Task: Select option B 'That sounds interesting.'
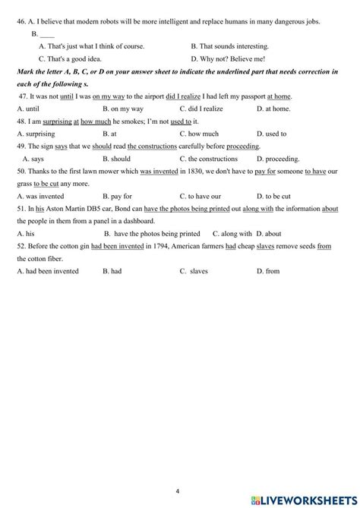(226, 46)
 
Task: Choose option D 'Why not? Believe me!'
(226, 58)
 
